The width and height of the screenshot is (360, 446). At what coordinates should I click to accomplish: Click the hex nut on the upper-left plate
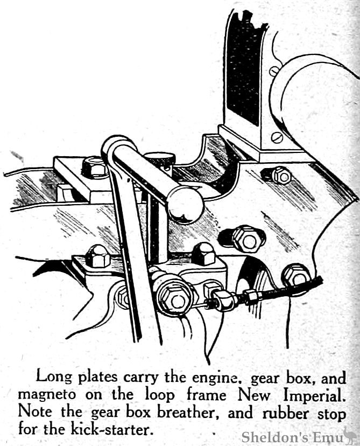click(x=95, y=166)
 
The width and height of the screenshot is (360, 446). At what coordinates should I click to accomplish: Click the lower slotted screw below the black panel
click(x=277, y=137)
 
